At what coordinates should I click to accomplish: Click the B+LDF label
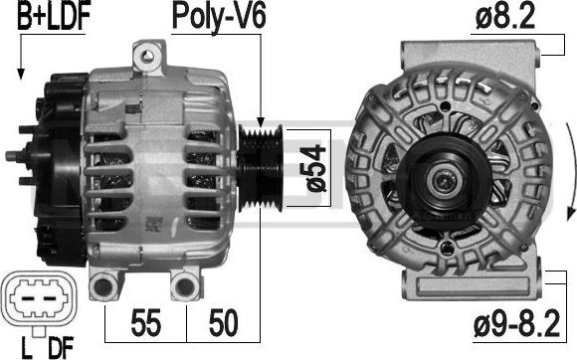click(x=54, y=15)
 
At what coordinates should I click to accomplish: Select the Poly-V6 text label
click(x=219, y=17)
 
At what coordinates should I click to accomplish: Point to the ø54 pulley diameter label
click(x=315, y=168)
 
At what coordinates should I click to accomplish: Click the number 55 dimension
click(x=145, y=322)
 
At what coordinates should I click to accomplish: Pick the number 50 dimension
click(x=224, y=322)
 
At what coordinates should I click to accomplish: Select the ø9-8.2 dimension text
click(x=517, y=323)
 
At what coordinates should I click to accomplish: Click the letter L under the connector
click(x=26, y=347)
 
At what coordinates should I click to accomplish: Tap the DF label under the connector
click(x=61, y=347)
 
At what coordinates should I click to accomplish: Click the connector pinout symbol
click(x=39, y=298)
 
